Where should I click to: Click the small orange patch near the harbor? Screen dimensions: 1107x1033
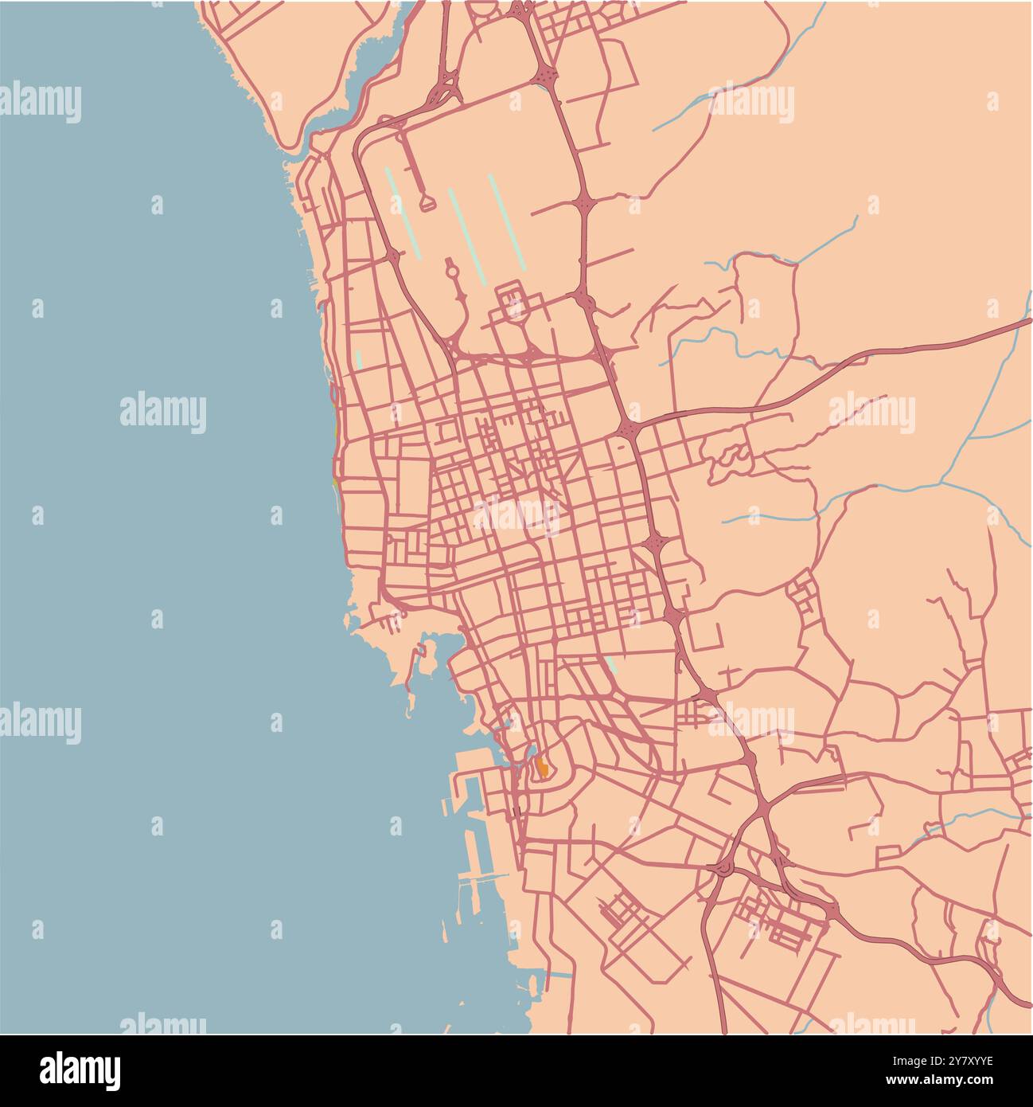point(542,768)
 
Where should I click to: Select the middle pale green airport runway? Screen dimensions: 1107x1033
point(466,236)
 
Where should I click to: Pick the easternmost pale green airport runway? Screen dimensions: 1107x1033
point(506,221)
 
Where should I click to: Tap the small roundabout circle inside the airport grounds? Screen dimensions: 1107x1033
point(451,273)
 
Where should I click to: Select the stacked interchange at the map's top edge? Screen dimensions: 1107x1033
point(521,10)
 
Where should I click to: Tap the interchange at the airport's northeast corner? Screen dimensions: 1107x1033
point(548,76)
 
